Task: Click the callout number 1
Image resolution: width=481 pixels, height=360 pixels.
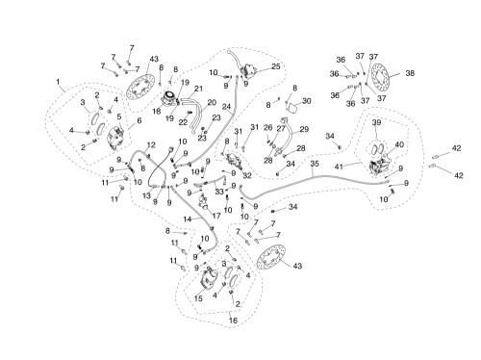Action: (58, 82)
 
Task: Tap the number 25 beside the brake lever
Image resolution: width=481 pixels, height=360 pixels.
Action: (276, 66)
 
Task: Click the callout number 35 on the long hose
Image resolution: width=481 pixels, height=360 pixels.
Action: (315, 164)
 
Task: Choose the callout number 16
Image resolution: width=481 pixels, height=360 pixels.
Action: (233, 321)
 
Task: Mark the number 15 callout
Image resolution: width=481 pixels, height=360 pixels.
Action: (198, 298)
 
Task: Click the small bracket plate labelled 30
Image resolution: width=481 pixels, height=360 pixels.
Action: (291, 108)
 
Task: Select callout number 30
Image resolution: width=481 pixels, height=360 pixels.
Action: (307, 101)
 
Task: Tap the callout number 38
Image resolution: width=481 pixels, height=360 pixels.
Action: (410, 73)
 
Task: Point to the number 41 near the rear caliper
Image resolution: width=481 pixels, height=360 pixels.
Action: (339, 167)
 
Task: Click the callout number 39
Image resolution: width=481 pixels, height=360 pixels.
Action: (376, 123)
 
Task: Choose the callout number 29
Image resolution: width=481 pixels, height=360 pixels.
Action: (304, 129)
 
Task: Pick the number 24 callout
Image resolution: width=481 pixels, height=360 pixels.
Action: (226, 107)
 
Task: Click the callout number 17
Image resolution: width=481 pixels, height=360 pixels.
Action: (216, 216)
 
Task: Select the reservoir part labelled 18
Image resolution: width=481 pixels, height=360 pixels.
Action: (169, 98)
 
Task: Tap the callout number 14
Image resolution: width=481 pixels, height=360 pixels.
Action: (188, 219)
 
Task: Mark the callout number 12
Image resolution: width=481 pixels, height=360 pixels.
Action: (151, 145)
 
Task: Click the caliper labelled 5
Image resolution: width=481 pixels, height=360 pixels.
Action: (115, 138)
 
